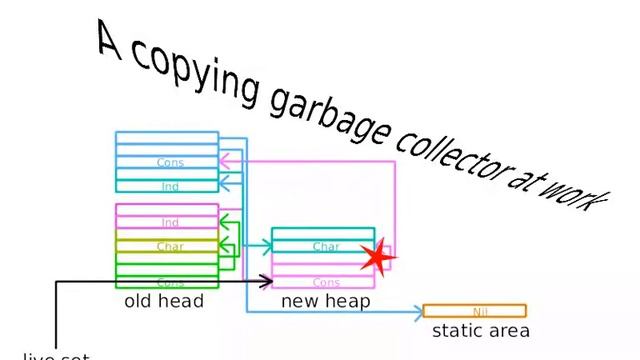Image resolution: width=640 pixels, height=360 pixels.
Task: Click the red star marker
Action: pyautogui.click(x=377, y=257)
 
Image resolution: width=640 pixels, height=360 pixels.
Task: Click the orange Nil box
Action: pyautogui.click(x=474, y=311)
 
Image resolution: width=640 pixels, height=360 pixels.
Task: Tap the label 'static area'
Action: pyautogui.click(x=480, y=330)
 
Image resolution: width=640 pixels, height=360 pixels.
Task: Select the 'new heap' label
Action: pyautogui.click(x=325, y=300)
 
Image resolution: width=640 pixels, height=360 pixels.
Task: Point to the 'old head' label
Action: pyautogui.click(x=164, y=300)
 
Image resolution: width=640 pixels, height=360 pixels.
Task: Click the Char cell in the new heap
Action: pyautogui.click(x=325, y=247)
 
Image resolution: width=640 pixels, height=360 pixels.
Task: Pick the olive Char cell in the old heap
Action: pyautogui.click(x=167, y=246)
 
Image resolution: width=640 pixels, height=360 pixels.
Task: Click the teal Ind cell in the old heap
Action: pyautogui.click(x=167, y=186)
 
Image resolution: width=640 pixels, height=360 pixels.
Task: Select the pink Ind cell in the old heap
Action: pyautogui.click(x=167, y=222)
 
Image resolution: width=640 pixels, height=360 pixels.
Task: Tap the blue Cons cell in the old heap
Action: pyautogui.click(x=167, y=162)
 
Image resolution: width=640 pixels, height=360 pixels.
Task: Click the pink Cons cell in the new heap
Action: pyautogui.click(x=325, y=283)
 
